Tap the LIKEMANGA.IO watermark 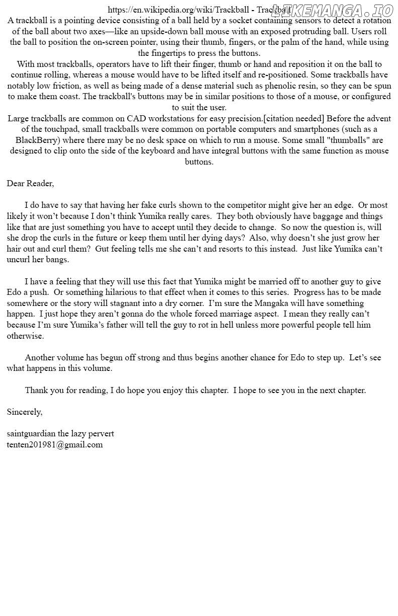pyautogui.click(x=332, y=10)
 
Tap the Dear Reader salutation pyautogui.click(x=30, y=183)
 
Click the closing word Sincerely pyautogui.click(x=24, y=412)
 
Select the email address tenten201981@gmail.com pyautogui.click(x=55, y=444)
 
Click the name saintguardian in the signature pyautogui.click(x=31, y=433)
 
